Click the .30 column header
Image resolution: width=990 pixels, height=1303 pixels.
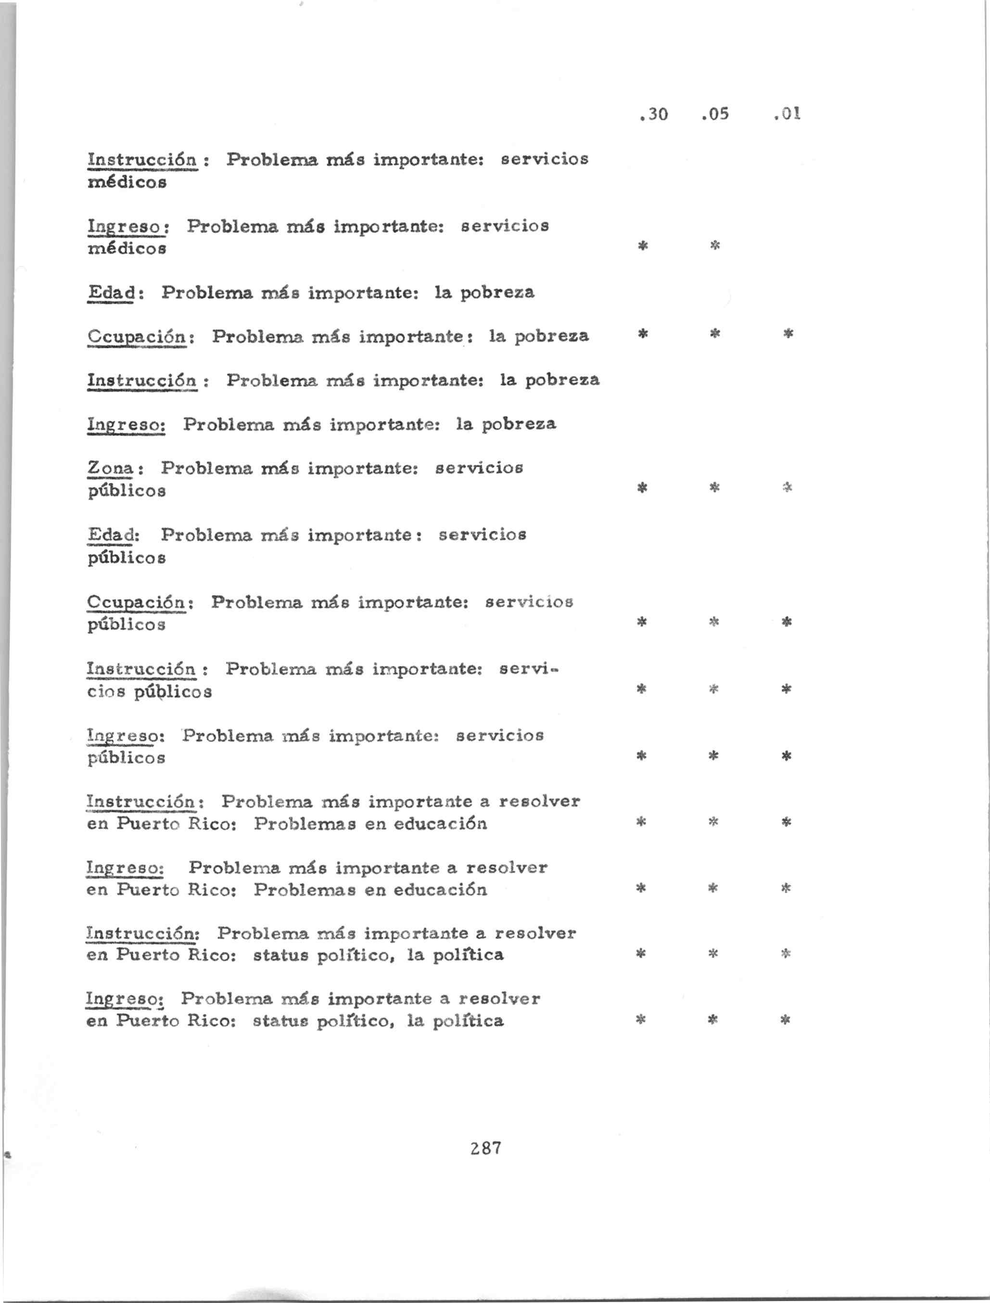point(654,114)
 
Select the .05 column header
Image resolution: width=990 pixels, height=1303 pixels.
point(715,114)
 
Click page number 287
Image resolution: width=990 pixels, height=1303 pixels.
point(486,1148)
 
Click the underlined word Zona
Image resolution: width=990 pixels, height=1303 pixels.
point(111,469)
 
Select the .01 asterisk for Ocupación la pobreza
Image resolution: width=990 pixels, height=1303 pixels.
point(788,334)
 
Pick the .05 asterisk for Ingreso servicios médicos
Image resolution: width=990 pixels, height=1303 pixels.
point(715,245)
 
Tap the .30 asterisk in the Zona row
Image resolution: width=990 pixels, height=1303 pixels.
point(643,487)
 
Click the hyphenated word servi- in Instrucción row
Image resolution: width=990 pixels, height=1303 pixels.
point(528,669)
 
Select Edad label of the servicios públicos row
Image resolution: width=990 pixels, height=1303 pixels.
point(112,535)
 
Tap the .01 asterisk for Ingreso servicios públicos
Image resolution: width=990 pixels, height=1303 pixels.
point(786,755)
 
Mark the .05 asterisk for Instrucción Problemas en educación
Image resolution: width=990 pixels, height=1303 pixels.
point(713,821)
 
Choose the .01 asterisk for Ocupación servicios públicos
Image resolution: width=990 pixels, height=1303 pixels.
point(786,622)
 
